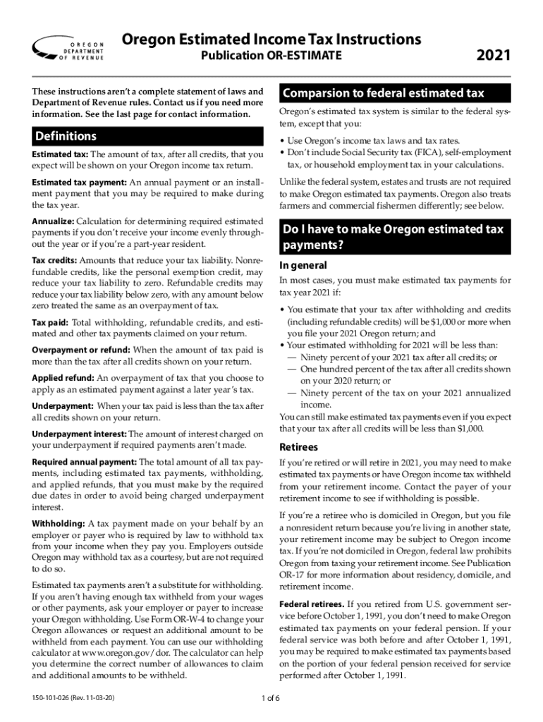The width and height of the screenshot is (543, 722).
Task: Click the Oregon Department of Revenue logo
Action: [x=68, y=48]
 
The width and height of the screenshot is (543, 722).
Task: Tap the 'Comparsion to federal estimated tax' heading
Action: [x=384, y=94]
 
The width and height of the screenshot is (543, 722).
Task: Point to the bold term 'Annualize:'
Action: [x=53, y=221]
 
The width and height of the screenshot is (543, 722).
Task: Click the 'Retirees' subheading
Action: [x=299, y=447]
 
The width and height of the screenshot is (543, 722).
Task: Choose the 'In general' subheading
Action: [x=303, y=266]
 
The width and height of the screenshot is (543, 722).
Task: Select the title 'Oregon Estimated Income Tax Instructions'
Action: [x=271, y=39]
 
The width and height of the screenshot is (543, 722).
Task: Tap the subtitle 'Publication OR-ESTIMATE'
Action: [x=271, y=55]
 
